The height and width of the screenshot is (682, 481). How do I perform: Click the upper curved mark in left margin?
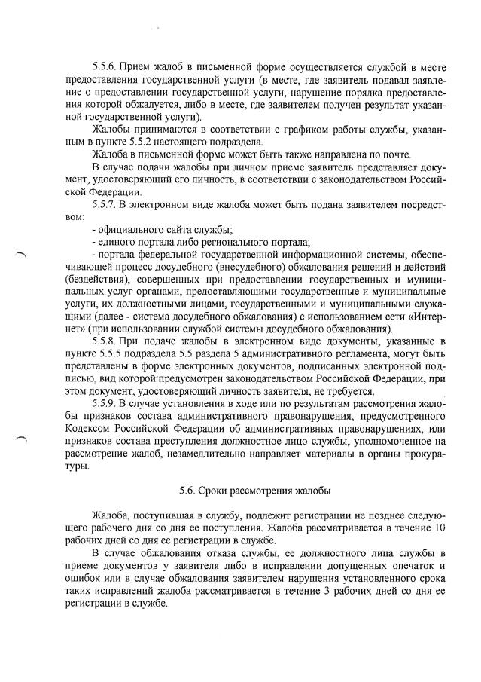(20, 255)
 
